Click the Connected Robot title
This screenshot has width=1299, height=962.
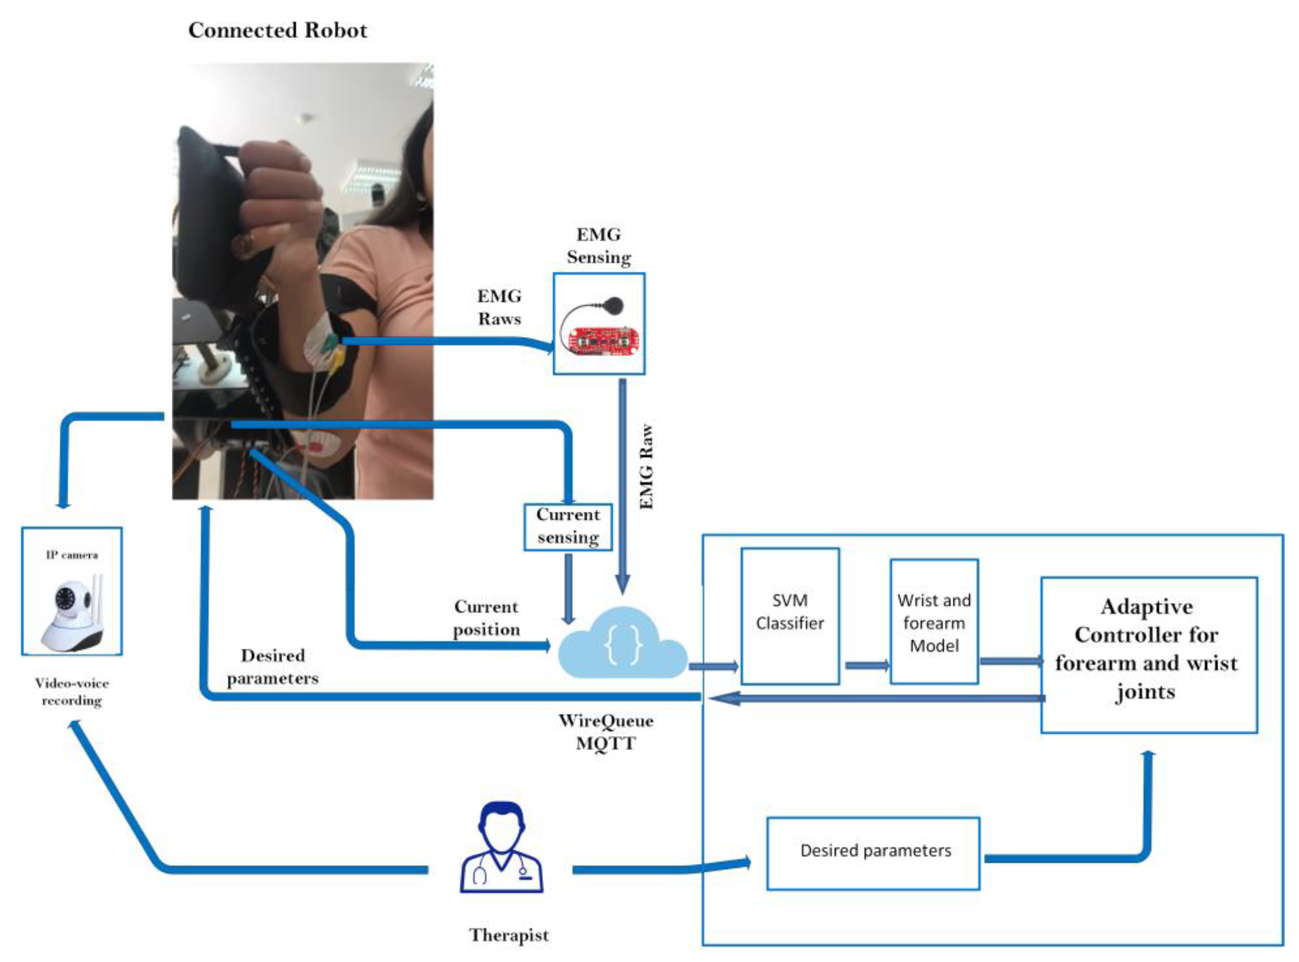click(x=278, y=30)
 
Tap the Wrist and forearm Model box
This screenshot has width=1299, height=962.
click(x=934, y=621)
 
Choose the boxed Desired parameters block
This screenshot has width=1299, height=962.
click(x=873, y=853)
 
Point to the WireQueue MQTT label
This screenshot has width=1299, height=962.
click(x=606, y=732)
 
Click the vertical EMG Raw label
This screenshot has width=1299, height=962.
click(x=646, y=466)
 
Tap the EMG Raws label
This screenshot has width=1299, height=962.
click(x=500, y=307)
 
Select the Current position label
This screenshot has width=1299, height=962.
click(x=487, y=618)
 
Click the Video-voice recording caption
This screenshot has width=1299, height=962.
click(x=72, y=691)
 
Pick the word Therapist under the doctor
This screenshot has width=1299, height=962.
click(x=509, y=935)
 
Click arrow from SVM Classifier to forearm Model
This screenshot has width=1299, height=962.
click(x=865, y=665)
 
